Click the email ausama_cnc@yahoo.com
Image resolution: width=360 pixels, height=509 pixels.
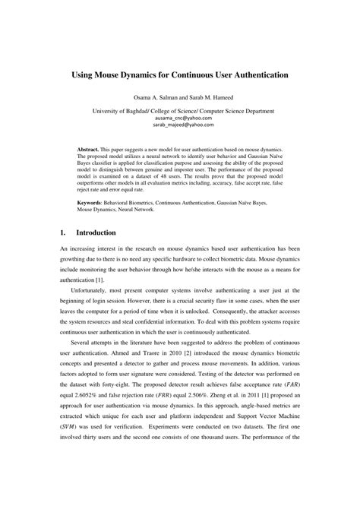pyautogui.click(x=179, y=119)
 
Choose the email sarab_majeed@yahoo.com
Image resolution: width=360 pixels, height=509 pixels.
pyautogui.click(x=179, y=128)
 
